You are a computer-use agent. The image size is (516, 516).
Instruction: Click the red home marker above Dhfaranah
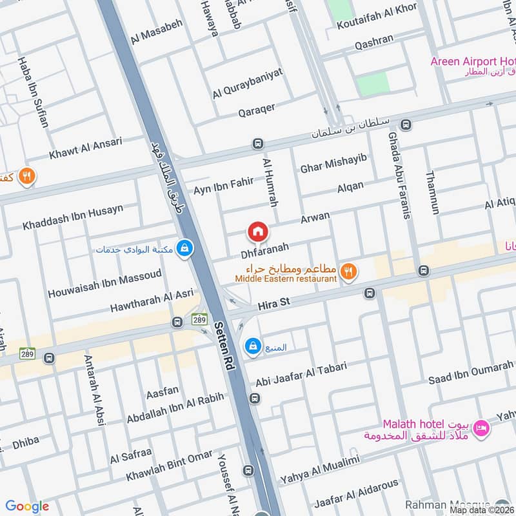click(257, 231)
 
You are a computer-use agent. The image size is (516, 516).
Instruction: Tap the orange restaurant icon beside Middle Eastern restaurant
click(348, 272)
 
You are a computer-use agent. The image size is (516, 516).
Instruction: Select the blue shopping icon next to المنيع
click(253, 346)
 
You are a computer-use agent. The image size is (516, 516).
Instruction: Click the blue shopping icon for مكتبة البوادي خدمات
click(185, 248)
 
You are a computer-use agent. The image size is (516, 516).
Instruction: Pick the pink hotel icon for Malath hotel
click(481, 428)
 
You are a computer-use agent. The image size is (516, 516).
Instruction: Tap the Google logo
click(27, 506)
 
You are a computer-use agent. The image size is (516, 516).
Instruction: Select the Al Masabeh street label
click(157, 32)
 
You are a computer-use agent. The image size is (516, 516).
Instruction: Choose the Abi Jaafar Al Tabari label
click(301, 374)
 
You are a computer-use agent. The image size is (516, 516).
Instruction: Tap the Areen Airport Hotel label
click(473, 61)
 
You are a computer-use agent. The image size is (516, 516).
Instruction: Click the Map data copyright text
click(482, 510)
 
